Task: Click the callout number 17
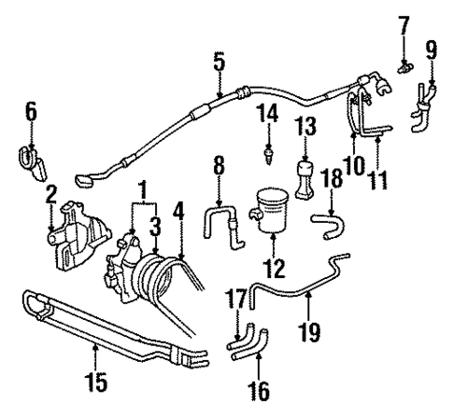tap(237, 300)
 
